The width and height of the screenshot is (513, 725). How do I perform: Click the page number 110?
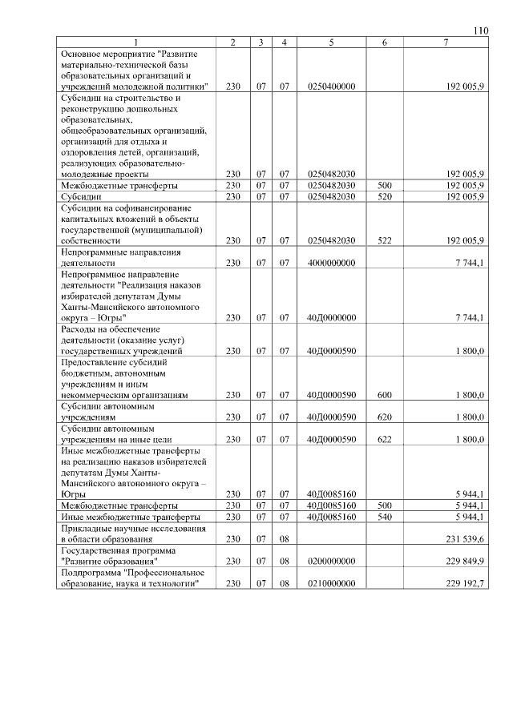pyautogui.click(x=480, y=31)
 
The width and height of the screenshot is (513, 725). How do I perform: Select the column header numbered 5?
pyautogui.click(x=330, y=42)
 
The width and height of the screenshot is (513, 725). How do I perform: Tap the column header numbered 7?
pyautogui.click(x=446, y=42)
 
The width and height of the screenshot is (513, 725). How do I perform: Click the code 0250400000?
pyautogui.click(x=330, y=86)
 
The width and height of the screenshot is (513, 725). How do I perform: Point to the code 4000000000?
pyautogui.click(x=330, y=263)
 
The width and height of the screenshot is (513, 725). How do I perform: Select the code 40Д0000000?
pyautogui.click(x=330, y=318)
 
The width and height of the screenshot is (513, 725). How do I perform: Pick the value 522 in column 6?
pyautogui.click(x=385, y=240)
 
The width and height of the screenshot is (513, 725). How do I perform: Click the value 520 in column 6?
pyautogui.click(x=385, y=196)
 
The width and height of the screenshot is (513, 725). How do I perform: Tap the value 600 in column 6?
pyautogui.click(x=385, y=395)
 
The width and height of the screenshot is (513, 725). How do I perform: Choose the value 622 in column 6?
pyautogui.click(x=385, y=439)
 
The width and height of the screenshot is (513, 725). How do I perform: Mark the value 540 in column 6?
pyautogui.click(x=385, y=517)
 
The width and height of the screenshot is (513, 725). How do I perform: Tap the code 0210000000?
pyautogui.click(x=330, y=583)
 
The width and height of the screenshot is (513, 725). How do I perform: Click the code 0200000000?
pyautogui.click(x=330, y=562)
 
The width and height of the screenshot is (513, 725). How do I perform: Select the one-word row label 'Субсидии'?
pyautogui.click(x=82, y=196)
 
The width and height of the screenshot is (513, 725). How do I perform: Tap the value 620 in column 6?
pyautogui.click(x=385, y=417)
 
